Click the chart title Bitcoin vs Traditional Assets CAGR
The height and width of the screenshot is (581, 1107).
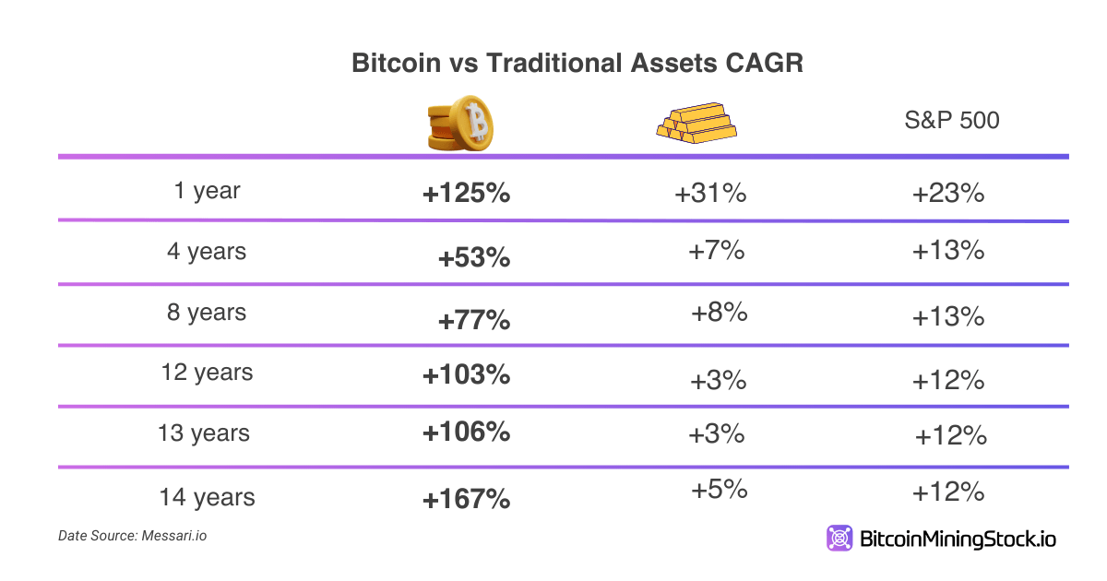tap(577, 64)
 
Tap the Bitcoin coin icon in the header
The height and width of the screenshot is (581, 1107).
tap(460, 122)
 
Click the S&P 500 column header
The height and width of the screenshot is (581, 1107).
tap(952, 121)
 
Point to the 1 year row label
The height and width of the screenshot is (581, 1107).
tap(207, 191)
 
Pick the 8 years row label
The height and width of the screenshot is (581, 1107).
tap(207, 313)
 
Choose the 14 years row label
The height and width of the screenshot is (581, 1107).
tap(207, 497)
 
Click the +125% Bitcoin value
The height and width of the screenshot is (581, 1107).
tap(466, 195)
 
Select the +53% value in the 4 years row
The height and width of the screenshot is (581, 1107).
tap(474, 258)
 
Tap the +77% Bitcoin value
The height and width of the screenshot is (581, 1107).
tap(474, 321)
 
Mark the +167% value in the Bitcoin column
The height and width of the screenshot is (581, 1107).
tap(466, 500)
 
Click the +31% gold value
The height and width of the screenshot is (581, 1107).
tap(709, 195)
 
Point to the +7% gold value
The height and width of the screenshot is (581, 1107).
tap(716, 251)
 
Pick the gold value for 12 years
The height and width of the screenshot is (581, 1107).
tap(718, 380)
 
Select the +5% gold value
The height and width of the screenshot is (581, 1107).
tap(719, 490)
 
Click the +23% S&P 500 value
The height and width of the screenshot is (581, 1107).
tap(948, 195)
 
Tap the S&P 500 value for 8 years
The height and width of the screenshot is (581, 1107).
tap(948, 317)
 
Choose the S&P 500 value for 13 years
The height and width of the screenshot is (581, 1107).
tap(951, 435)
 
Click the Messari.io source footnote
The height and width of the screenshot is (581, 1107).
tap(132, 535)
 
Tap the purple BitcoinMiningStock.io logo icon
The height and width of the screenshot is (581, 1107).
tap(840, 539)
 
